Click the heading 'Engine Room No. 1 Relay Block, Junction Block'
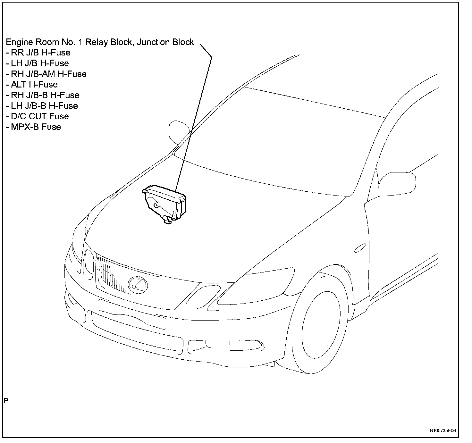click(100, 42)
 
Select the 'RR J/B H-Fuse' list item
click(38, 53)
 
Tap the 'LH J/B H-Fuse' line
click(37, 63)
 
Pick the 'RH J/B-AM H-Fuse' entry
click(46, 74)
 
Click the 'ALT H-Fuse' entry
click(31, 85)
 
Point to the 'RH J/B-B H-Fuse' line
click(42, 95)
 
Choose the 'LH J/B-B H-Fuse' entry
click(42, 106)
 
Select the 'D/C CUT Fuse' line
click(37, 116)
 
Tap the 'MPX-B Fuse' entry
click(33, 127)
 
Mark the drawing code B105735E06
click(443, 431)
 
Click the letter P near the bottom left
click(6, 400)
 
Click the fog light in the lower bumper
click(218, 345)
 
